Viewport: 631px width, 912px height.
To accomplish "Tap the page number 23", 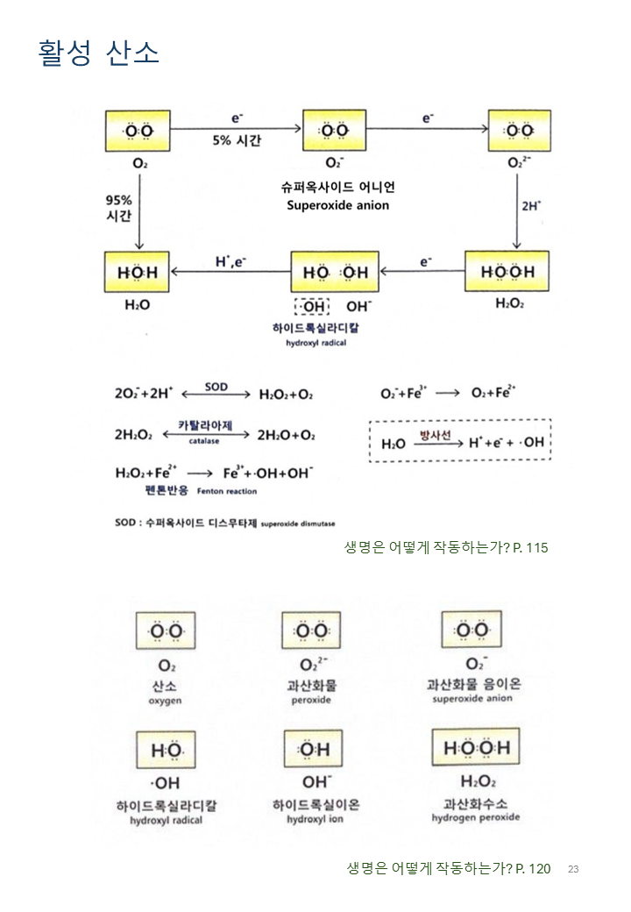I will [573, 869].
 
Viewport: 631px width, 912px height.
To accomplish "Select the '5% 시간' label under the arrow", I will [236, 140].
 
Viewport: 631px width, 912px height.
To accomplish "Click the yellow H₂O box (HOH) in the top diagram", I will [138, 272].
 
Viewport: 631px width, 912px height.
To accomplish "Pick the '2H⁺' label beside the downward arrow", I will [531, 206].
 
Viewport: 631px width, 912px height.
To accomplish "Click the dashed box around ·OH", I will [312, 307].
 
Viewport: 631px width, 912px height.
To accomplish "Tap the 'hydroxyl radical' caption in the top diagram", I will [316, 343].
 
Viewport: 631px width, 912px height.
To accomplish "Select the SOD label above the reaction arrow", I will [216, 386].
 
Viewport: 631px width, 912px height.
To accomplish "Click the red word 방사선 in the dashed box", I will [434, 434].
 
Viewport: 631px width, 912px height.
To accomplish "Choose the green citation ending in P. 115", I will [446, 547].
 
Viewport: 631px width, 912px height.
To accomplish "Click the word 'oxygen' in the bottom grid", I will [165, 702].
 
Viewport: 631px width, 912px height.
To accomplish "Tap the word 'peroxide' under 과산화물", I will [311, 701].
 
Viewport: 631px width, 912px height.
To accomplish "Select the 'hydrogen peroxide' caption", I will [476, 817].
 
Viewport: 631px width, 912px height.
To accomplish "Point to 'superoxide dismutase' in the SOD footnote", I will [298, 523].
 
